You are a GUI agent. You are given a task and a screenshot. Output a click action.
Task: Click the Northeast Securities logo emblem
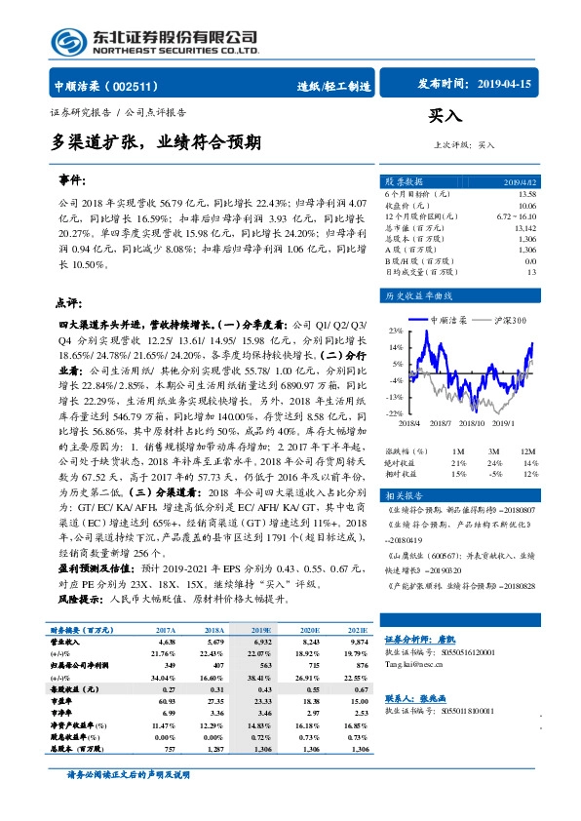coord(67,40)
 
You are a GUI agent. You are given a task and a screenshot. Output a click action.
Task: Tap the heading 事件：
coord(72,181)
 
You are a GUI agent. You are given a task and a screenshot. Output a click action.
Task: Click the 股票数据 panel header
coord(404,182)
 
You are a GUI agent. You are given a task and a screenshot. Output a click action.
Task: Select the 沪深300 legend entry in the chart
coord(508,320)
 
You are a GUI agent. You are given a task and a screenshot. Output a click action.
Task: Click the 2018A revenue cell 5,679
coord(214,644)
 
